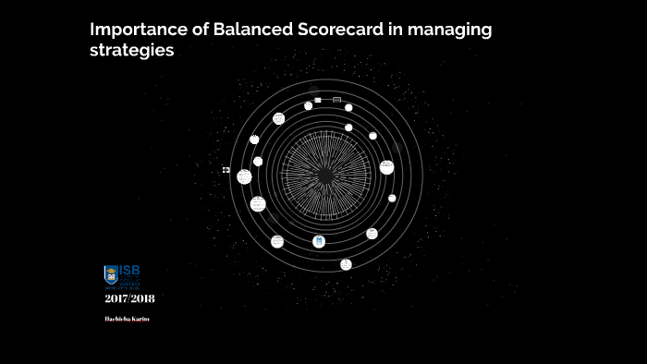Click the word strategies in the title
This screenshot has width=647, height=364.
tap(131, 51)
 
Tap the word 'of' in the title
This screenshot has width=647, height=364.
tap(198, 30)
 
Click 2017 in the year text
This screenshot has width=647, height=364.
tap(116, 297)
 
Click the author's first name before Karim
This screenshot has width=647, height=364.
tap(117, 319)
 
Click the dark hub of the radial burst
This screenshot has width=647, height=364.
tap(326, 172)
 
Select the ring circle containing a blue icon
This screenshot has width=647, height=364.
tap(319, 241)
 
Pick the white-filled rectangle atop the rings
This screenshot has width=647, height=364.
tap(318, 100)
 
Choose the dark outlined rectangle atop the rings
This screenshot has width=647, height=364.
tap(336, 100)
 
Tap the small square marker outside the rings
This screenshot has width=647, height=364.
tap(226, 170)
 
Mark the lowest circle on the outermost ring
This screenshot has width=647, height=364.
tap(346, 264)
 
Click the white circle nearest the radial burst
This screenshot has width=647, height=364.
tap(348, 127)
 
